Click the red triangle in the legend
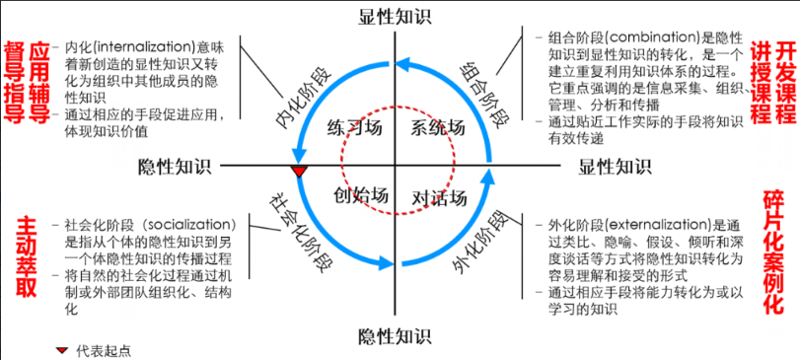63,349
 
